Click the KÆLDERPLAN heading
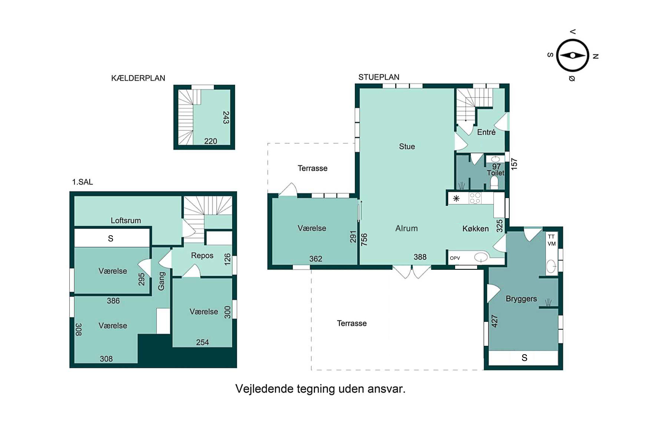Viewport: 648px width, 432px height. coord(138,78)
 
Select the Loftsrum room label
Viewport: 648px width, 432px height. coord(126,220)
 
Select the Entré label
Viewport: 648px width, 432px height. coord(486,132)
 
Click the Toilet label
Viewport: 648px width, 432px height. coord(495,173)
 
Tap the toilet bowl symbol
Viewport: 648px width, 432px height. coord(494,183)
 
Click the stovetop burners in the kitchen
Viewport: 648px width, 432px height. coord(475,198)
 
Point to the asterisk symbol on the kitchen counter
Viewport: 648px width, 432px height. coord(456,198)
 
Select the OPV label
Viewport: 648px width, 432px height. coord(455,258)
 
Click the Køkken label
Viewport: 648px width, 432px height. coord(476,229)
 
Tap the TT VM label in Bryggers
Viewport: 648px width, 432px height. coord(551,240)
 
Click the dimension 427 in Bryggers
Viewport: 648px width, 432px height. coord(495,321)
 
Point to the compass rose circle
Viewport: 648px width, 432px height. coord(573,55)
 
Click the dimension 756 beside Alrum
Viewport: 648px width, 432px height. coord(364,239)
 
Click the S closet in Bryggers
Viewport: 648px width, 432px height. coord(524,358)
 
